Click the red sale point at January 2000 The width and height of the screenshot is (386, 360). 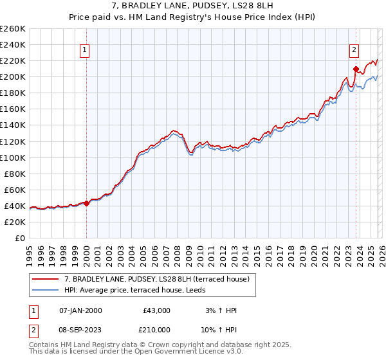[x=86, y=204]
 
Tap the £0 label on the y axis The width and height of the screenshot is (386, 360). [x=19, y=238]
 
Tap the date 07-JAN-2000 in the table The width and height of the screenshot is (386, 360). [x=80, y=310]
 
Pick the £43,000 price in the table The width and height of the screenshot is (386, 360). [x=156, y=310]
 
